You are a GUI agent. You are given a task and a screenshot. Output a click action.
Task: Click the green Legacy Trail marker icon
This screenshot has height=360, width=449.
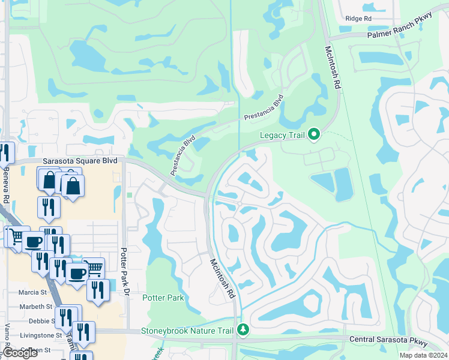[x=314, y=135]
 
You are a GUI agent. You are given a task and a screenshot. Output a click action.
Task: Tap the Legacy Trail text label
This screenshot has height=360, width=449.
[x=282, y=135]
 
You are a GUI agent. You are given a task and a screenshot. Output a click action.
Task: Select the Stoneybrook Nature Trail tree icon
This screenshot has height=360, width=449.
[x=243, y=330]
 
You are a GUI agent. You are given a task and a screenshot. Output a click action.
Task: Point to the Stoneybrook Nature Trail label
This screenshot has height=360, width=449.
[x=187, y=331]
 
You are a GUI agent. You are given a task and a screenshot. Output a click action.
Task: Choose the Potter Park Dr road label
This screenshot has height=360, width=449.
[x=126, y=270]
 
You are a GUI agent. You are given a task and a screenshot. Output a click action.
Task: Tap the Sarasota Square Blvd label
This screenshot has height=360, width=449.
[x=80, y=161]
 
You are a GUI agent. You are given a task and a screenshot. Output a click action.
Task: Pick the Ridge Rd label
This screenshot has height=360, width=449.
[x=358, y=19]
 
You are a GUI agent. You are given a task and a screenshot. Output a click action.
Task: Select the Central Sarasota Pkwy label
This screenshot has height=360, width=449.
[x=388, y=341]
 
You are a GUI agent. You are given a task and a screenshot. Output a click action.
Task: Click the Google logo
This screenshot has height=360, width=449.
[x=20, y=353]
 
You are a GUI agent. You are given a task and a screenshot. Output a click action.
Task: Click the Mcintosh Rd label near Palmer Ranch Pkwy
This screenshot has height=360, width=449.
[x=332, y=68]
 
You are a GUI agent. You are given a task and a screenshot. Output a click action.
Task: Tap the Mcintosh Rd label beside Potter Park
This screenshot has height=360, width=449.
[x=221, y=279]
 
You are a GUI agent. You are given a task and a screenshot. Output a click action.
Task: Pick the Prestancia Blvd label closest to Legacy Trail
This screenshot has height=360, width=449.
[x=263, y=110]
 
